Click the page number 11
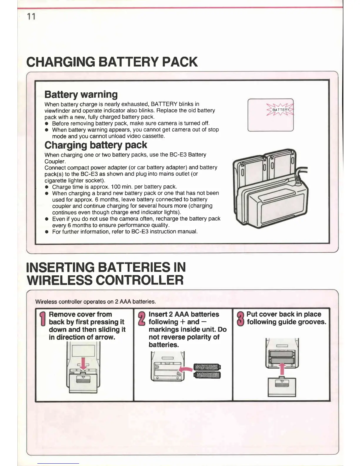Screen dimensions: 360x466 pyautogui.click(x=31, y=16)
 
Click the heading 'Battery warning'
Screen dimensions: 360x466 pyautogui.click(x=81, y=94)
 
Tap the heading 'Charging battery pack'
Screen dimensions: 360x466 pyautogui.click(x=96, y=145)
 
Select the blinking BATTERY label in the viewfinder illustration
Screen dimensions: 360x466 pyautogui.click(x=280, y=110)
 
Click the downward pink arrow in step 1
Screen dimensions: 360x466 pyautogui.click(x=83, y=364)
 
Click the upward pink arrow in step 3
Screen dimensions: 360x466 pyautogui.click(x=282, y=370)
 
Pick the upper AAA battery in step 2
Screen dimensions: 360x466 pyautogui.click(x=207, y=367)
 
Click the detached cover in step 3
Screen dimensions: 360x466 pyautogui.click(x=282, y=387)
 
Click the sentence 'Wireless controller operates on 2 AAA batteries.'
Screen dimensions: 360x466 pyautogui.click(x=95, y=302)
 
